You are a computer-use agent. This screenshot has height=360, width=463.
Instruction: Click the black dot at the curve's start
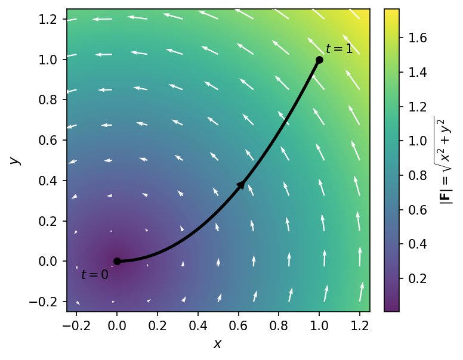tap(117, 261)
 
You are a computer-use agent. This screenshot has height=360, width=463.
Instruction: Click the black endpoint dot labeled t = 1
tap(319, 60)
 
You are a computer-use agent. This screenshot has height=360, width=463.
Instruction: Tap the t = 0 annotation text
tap(95, 275)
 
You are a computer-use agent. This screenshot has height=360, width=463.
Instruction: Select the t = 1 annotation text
tap(339, 49)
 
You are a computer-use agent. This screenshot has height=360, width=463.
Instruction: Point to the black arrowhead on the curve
tap(241, 185)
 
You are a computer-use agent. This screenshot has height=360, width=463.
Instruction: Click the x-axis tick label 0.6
tap(238, 325)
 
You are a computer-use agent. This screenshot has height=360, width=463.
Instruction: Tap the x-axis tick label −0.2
tap(76, 325)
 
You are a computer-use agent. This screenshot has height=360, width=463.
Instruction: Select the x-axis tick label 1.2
tap(360, 325)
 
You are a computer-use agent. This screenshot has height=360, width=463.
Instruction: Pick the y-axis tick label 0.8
tap(48, 100)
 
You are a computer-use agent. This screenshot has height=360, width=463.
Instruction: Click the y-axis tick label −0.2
tap(43, 302)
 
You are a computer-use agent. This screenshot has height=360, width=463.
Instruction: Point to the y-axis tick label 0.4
tap(48, 181)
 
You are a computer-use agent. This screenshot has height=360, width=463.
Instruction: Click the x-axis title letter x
tap(218, 344)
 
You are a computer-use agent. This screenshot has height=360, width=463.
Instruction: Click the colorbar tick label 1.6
tap(418, 38)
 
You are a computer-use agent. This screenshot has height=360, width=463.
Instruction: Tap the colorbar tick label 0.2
tap(418, 278)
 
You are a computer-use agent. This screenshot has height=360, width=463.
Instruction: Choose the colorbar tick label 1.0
tap(418, 141)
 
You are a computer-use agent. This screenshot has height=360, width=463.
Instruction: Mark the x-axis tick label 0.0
tap(117, 325)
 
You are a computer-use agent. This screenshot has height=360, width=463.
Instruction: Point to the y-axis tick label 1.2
tap(48, 19)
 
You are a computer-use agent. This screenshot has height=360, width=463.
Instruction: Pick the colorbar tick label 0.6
tap(418, 210)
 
